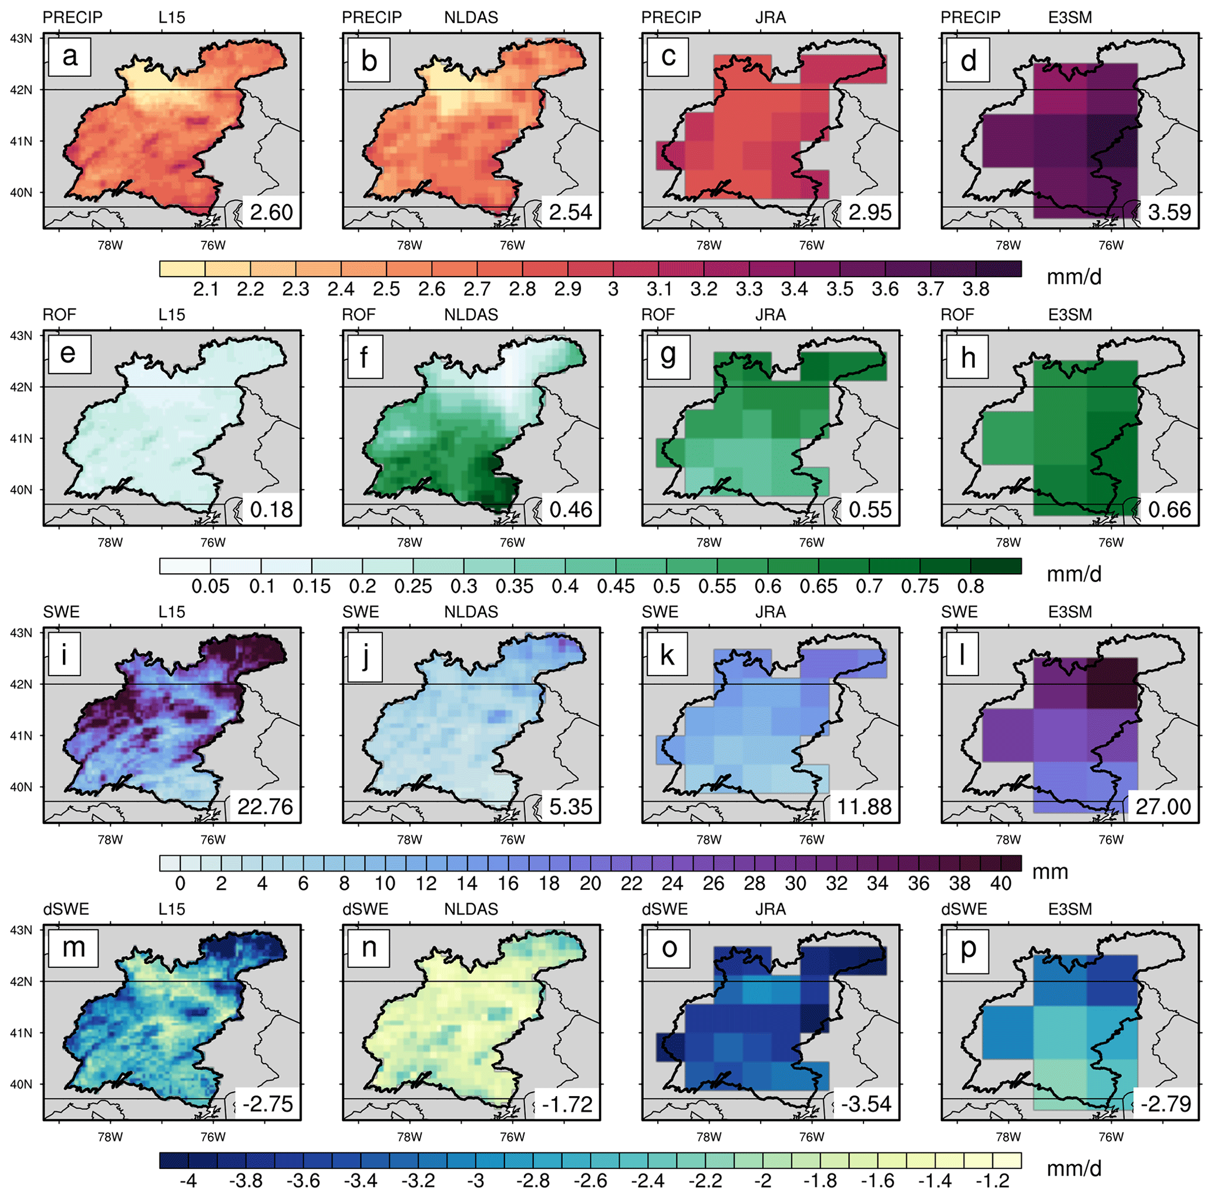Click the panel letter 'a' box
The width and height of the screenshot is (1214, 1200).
coord(70,56)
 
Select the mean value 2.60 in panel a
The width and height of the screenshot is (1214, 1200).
coord(271,213)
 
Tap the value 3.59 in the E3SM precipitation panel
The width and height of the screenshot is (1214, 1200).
coord(1169,213)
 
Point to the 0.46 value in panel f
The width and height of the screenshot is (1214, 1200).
coord(570,509)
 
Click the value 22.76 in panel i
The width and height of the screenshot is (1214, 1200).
coord(265,806)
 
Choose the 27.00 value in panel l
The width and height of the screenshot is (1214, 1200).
coord(1163,806)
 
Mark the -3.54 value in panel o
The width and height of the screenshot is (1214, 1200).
coord(866,1104)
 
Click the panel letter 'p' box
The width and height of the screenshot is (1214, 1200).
coord(968,947)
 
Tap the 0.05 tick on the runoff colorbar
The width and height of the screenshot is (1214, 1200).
coord(210,586)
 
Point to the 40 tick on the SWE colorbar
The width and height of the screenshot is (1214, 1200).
coord(1000,883)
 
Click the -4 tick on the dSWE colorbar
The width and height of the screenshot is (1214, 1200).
coord(188,1181)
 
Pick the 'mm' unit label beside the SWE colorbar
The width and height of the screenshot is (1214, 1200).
coord(1050,872)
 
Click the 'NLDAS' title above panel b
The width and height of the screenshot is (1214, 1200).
coord(470,18)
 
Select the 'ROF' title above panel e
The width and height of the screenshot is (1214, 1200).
coord(59,315)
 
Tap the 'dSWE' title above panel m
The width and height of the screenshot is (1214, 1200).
coord(66,909)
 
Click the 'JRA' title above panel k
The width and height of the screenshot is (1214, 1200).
coord(771,612)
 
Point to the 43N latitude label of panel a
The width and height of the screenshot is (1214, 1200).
coord(21,38)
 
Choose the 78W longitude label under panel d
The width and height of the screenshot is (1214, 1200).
coord(1008,246)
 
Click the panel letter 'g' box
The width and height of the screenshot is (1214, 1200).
coord(668,354)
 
